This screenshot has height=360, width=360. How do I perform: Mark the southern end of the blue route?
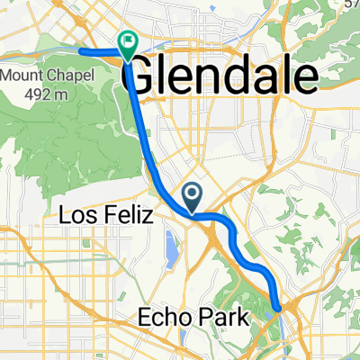[280, 308]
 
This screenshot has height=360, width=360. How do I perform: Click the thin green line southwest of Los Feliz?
[54, 256]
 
